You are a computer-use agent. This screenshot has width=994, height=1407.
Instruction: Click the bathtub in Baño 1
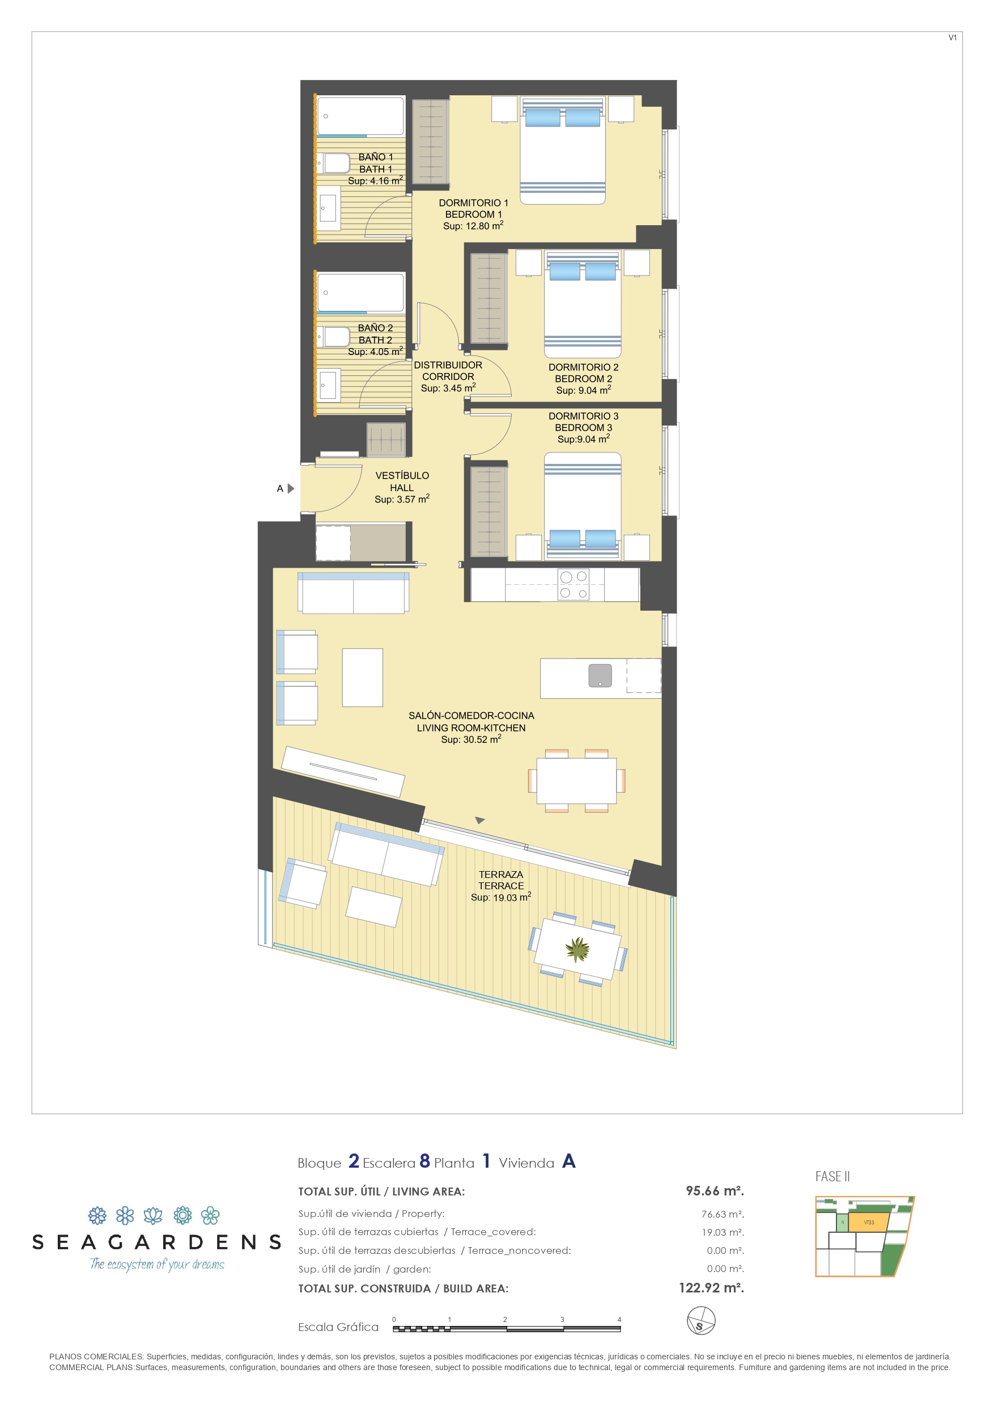360,116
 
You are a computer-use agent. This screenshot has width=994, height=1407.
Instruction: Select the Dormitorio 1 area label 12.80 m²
473,226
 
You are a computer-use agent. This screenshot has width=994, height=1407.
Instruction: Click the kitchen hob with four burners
574,585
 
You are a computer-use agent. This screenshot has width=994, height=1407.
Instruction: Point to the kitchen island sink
600,675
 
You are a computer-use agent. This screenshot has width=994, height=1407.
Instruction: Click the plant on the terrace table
577,950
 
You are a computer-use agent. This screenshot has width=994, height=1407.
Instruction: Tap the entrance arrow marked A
291,488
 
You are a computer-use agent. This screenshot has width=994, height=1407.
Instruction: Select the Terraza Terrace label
501,880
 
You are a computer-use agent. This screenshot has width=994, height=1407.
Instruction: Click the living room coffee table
363,677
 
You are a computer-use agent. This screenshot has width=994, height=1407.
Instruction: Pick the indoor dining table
576,781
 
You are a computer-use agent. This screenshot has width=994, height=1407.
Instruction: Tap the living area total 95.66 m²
715,1191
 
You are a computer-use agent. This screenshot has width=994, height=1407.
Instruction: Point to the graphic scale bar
507,1329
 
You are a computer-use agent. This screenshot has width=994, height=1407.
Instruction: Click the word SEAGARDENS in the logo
157,1242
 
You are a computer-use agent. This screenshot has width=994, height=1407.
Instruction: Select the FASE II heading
832,1177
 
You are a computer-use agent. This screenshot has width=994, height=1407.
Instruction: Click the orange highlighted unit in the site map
868,1223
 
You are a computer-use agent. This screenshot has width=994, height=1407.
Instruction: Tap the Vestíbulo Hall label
402,481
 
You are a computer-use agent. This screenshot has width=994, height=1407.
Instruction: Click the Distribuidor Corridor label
448,371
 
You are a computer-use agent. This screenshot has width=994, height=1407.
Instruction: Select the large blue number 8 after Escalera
424,1161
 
